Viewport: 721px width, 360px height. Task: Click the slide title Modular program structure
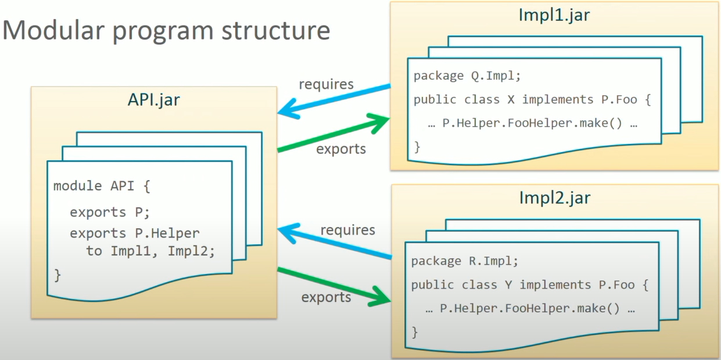[167, 30]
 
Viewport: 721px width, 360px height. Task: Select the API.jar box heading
[153, 99]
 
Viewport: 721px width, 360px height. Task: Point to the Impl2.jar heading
[554, 197]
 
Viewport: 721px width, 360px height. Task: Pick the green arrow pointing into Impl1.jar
[334, 133]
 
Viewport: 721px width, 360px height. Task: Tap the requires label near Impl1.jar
[326, 84]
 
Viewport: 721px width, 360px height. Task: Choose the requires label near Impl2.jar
[347, 230]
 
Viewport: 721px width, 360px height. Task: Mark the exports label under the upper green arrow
[341, 149]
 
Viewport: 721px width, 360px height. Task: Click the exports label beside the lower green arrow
[326, 297]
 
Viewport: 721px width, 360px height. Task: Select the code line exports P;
[110, 212]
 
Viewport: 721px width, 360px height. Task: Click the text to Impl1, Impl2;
[150, 251]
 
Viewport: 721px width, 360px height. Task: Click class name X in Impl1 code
[511, 99]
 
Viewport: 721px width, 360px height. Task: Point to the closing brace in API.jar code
[58, 274]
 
